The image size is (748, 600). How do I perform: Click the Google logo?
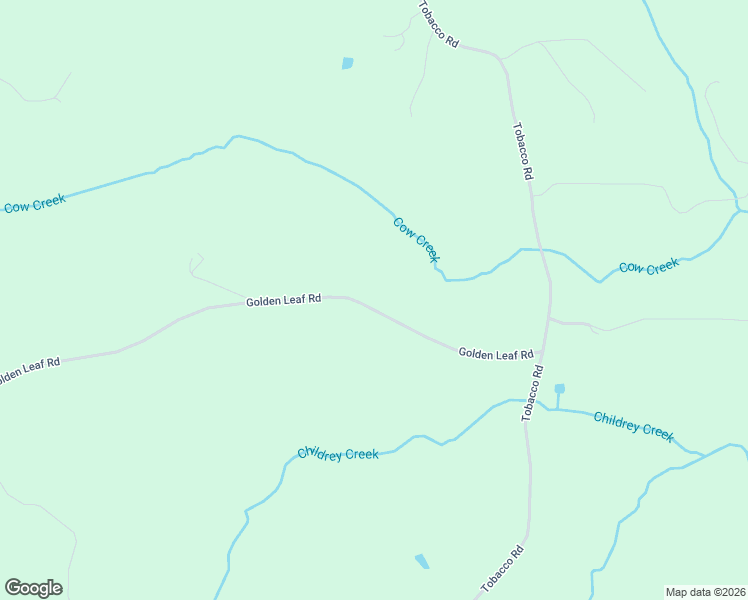pyautogui.click(x=33, y=588)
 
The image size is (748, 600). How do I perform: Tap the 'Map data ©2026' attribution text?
pyautogui.click(x=705, y=592)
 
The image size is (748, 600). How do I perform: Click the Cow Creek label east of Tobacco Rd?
pyautogui.click(x=648, y=267)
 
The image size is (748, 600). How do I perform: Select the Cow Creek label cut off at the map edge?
pyautogui.click(x=33, y=204)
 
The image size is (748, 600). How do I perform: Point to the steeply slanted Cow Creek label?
pyautogui.click(x=416, y=240)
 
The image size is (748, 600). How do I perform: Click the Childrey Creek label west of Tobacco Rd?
pyautogui.click(x=338, y=454)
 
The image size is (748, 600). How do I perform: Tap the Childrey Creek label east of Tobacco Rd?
pyautogui.click(x=634, y=425)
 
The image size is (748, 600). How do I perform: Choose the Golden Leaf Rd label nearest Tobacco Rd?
pyautogui.click(x=495, y=354)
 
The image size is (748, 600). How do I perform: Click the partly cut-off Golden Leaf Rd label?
pyautogui.click(x=29, y=369)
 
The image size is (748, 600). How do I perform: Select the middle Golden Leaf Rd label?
pyautogui.click(x=283, y=299)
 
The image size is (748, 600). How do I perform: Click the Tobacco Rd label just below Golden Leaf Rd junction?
pyautogui.click(x=532, y=393)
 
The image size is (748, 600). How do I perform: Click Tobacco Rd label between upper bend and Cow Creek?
pyautogui.click(x=522, y=151)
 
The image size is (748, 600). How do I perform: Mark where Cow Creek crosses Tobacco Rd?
pyautogui.click(x=540, y=249)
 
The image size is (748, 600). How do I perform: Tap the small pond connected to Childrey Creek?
pyautogui.click(x=559, y=388)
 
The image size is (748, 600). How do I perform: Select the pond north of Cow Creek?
pyautogui.click(x=347, y=63)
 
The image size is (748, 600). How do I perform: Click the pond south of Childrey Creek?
pyautogui.click(x=422, y=561)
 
